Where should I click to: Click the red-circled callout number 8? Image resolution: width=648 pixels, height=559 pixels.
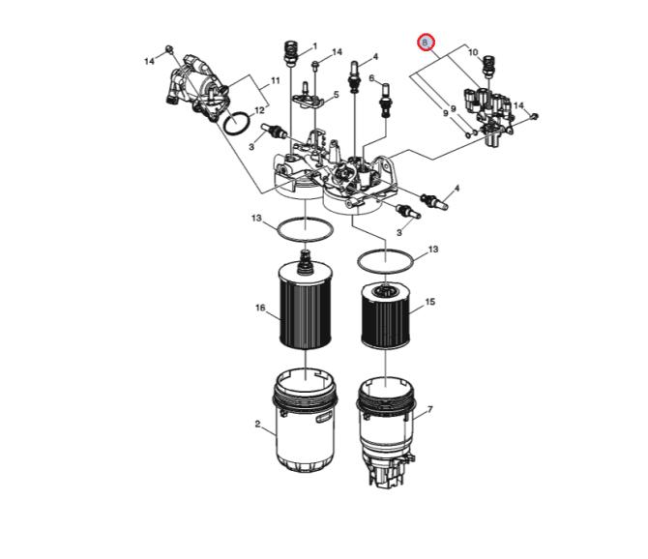426,43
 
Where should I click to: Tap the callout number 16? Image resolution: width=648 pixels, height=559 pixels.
260,308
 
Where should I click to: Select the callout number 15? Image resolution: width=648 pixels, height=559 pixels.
429,302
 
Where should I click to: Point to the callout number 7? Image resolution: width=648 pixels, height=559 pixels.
429,409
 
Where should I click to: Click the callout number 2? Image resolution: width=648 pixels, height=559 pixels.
257,424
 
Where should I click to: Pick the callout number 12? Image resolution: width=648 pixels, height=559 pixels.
259,110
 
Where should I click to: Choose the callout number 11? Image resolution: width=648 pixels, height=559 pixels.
276,80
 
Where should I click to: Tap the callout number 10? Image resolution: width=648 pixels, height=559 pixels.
473,52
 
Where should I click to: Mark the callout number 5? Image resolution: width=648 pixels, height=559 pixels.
336,95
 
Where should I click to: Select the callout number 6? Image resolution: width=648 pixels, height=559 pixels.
371,77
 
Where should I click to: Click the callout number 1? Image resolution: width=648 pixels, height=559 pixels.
314,45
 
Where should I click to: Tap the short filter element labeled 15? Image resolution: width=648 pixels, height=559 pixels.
385,315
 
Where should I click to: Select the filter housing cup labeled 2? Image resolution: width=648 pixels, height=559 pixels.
305,423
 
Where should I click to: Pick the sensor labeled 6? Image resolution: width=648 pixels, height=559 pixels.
386,101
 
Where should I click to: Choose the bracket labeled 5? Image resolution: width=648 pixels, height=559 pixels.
308,98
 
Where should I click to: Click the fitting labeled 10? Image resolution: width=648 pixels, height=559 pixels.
488,66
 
